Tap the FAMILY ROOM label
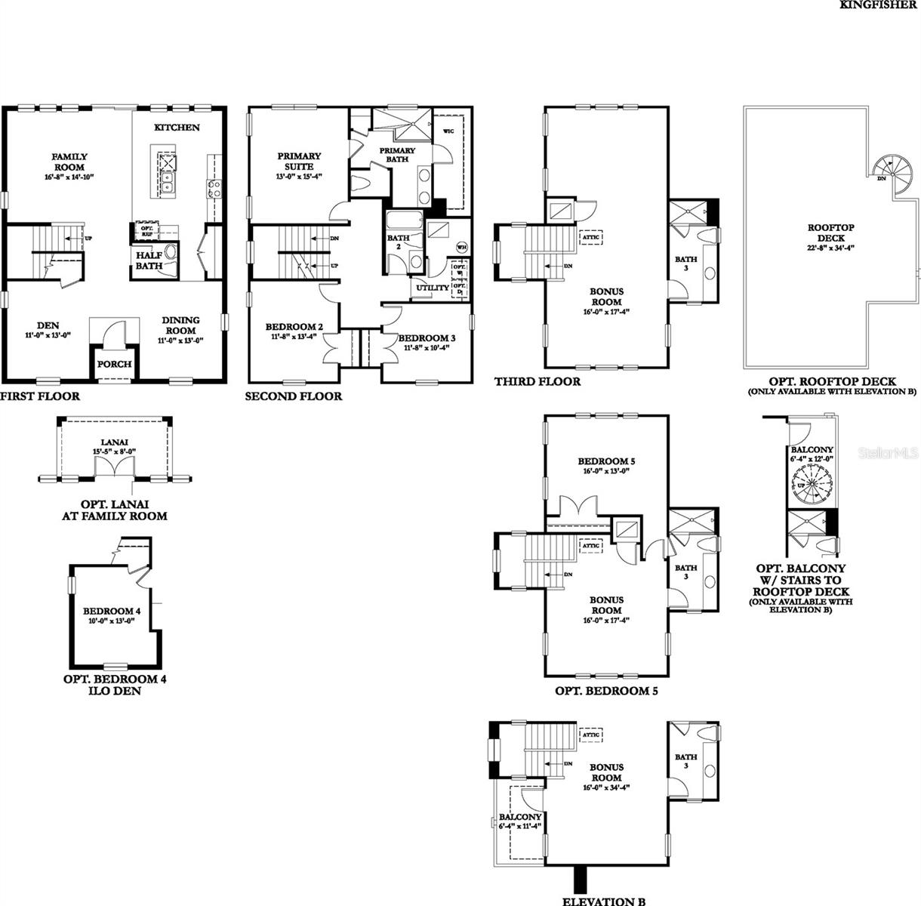pos(69,162)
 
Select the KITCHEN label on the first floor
pos(177,128)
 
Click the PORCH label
pos(115,364)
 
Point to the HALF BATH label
pos(149,260)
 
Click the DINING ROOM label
pos(180,325)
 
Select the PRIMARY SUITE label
pos(299,161)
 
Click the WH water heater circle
pos(461,248)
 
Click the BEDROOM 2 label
pos(294,327)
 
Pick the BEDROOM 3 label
pos(427,337)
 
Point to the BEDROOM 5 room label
pos(606,461)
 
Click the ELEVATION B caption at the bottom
pos(604,901)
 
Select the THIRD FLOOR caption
pos(538,382)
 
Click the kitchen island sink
pos(167,183)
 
